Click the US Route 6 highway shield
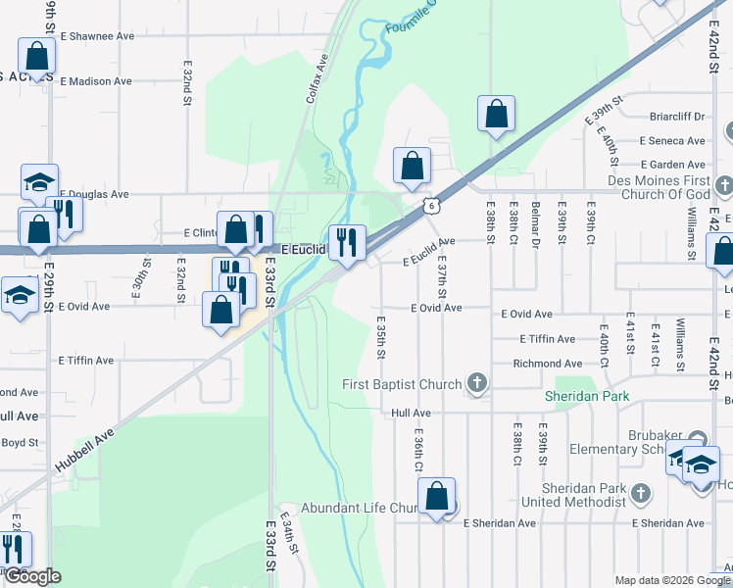431,205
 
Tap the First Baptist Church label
402,384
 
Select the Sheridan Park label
586,397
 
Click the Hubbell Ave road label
84,449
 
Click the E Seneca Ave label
672,141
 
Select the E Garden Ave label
672,166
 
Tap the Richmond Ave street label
547,364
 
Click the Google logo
32,576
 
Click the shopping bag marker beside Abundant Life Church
437,497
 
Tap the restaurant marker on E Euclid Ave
347,243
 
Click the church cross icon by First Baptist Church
476,383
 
